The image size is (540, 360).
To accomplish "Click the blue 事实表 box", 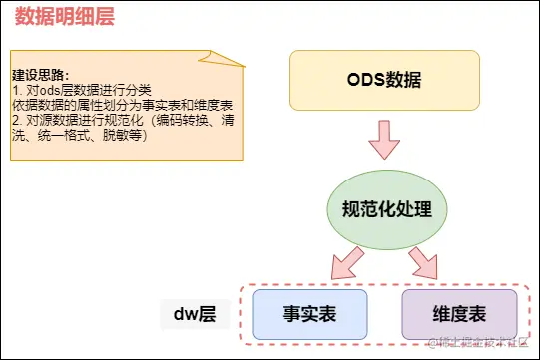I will pos(310,314).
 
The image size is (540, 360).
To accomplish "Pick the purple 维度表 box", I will pos(459,314).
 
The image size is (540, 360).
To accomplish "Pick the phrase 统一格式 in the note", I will pos(69,135).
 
